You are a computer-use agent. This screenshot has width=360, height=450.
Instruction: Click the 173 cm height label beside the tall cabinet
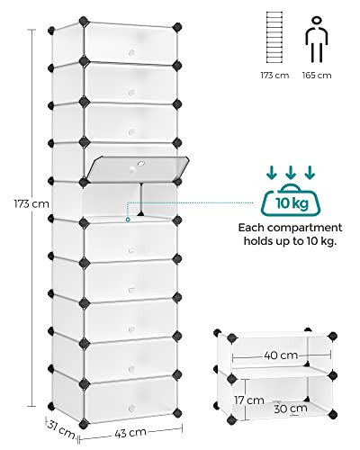(x=31, y=204)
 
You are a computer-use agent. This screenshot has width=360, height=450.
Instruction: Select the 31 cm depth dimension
(x=61, y=429)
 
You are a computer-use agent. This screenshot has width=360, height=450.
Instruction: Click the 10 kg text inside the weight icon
(x=292, y=203)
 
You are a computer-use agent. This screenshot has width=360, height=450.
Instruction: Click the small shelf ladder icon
(x=274, y=37)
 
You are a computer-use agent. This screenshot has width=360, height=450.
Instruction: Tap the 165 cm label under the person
(x=317, y=75)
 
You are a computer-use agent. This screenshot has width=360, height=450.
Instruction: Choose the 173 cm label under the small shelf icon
(x=274, y=75)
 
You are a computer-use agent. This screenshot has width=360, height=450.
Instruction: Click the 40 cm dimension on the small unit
(x=281, y=355)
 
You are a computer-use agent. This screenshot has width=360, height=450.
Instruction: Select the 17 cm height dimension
(x=249, y=400)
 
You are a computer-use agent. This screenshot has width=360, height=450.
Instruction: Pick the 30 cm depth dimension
(x=291, y=409)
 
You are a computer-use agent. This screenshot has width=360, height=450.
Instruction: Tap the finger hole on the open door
(x=140, y=164)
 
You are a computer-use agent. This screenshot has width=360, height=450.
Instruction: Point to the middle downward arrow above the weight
(x=290, y=172)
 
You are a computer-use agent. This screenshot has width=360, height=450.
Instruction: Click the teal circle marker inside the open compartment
(x=128, y=220)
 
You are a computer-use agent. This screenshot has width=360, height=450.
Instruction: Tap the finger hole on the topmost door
(x=131, y=53)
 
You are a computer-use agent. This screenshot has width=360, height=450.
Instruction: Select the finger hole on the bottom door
(x=131, y=408)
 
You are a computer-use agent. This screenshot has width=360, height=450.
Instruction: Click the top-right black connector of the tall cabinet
(x=177, y=27)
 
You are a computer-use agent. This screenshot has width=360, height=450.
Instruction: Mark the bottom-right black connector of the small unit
(x=332, y=415)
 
